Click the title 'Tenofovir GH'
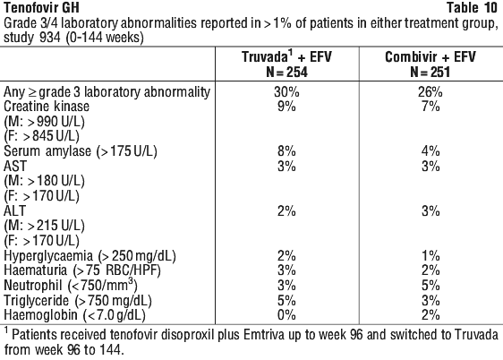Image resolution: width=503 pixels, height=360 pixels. [x=41, y=7]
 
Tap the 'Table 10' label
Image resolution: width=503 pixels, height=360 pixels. [x=472, y=7]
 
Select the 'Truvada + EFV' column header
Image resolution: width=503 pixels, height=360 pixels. [x=286, y=56]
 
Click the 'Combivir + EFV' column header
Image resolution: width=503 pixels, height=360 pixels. [x=431, y=56]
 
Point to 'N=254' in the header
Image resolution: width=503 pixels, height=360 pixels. [x=286, y=72]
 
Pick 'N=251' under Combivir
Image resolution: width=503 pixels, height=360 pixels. [x=431, y=72]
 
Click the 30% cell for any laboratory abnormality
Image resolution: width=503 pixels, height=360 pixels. [x=286, y=91]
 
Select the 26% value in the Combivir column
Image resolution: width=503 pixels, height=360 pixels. [x=431, y=91]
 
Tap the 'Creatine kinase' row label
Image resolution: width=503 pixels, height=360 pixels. [x=47, y=107]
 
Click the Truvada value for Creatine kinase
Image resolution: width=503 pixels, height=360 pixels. [x=286, y=107]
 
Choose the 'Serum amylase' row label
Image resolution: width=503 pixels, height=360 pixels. [x=47, y=151]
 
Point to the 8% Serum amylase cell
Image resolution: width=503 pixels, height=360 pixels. [x=286, y=151]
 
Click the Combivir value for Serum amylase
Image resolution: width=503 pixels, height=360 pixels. [x=431, y=151]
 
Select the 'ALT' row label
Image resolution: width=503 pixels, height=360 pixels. [x=14, y=210]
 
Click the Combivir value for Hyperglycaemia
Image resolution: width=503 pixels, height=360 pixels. [x=431, y=256]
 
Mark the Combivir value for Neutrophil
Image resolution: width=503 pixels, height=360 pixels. [x=431, y=286]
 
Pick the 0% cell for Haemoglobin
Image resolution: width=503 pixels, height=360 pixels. [x=286, y=315]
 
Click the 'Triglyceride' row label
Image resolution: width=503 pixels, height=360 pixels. [x=37, y=301]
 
